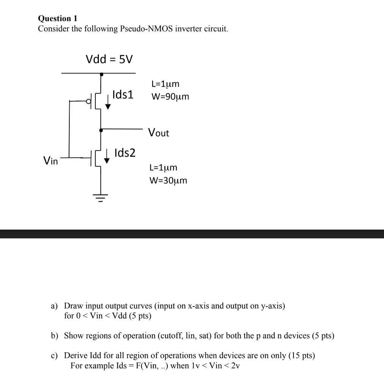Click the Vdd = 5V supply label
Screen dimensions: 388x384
[109, 59]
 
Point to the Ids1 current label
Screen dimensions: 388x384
[123, 95]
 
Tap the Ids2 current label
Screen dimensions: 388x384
[125, 153]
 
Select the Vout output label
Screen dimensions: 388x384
[159, 133]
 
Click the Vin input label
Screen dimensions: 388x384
[51, 161]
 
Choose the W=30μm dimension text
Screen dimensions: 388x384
[169, 180]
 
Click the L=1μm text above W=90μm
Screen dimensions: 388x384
[165, 84]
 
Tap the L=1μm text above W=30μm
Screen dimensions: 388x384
[164, 167]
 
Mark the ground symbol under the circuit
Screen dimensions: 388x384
[100, 197]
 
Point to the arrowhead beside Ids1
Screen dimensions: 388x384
[108, 106]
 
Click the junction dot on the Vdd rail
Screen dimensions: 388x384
[101, 75]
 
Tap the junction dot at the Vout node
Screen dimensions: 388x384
[101, 130]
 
